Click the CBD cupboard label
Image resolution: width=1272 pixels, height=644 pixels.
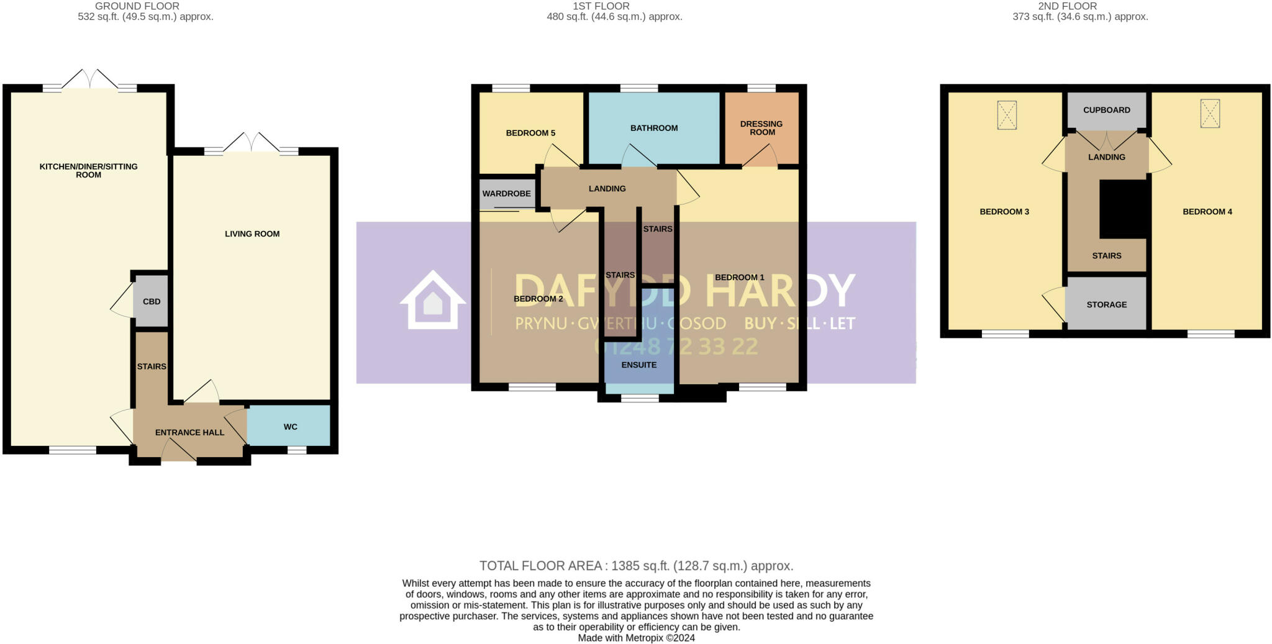click(x=152, y=302)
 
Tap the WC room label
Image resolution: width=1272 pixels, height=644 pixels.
click(x=290, y=427)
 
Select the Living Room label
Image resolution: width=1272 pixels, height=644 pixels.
click(x=252, y=234)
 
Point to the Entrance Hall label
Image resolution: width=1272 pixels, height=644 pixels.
click(x=189, y=432)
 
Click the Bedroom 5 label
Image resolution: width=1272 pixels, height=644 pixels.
click(x=530, y=133)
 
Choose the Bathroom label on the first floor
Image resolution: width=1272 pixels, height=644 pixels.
click(x=654, y=128)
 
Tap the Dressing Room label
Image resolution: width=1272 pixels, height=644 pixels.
click(x=762, y=128)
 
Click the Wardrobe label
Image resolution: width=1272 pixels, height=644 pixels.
click(x=507, y=194)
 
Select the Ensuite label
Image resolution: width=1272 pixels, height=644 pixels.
click(x=639, y=365)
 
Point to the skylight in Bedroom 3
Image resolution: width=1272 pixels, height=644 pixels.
click(x=1007, y=115)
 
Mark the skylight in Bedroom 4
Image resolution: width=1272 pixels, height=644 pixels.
click(x=1210, y=114)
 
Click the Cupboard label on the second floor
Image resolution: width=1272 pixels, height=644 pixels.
click(x=1107, y=110)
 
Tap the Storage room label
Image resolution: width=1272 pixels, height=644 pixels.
click(x=1107, y=304)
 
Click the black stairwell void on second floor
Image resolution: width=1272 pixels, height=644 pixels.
click(x=1123, y=209)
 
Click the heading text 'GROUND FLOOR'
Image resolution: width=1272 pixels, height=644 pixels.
click(x=137, y=6)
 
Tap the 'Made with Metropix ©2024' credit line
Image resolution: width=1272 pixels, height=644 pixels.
click(x=636, y=638)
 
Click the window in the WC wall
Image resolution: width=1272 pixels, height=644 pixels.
click(x=297, y=450)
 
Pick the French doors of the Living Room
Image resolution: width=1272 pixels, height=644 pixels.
click(x=252, y=144)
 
